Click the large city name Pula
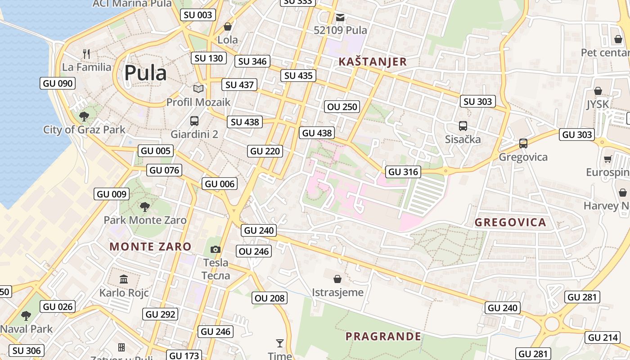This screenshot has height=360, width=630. (x=145, y=73)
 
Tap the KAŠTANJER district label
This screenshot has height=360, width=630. (x=373, y=62)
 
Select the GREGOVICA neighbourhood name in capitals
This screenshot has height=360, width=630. (x=510, y=222)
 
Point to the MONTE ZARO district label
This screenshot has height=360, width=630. (x=150, y=247)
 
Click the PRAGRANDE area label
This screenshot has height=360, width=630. (x=383, y=336)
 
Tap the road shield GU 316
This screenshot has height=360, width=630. (x=403, y=171)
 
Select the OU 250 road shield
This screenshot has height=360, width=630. (x=342, y=107)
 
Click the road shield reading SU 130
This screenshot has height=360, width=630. (x=208, y=58)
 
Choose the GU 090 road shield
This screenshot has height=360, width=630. (x=57, y=83)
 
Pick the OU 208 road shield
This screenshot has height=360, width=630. (x=270, y=298)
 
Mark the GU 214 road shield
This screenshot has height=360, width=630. (x=603, y=337)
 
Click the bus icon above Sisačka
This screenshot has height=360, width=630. (x=463, y=126)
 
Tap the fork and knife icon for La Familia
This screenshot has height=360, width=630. (x=86, y=54)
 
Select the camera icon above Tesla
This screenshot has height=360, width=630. (x=216, y=249)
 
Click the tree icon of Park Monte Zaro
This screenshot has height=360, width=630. (x=144, y=207)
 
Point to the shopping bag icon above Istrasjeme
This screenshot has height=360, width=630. (x=337, y=279)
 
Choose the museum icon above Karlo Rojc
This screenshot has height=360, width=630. (x=124, y=279)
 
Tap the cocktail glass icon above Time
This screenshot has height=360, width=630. (x=280, y=343)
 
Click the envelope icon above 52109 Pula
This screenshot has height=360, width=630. (x=340, y=18)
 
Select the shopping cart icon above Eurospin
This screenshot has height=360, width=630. (x=607, y=159)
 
